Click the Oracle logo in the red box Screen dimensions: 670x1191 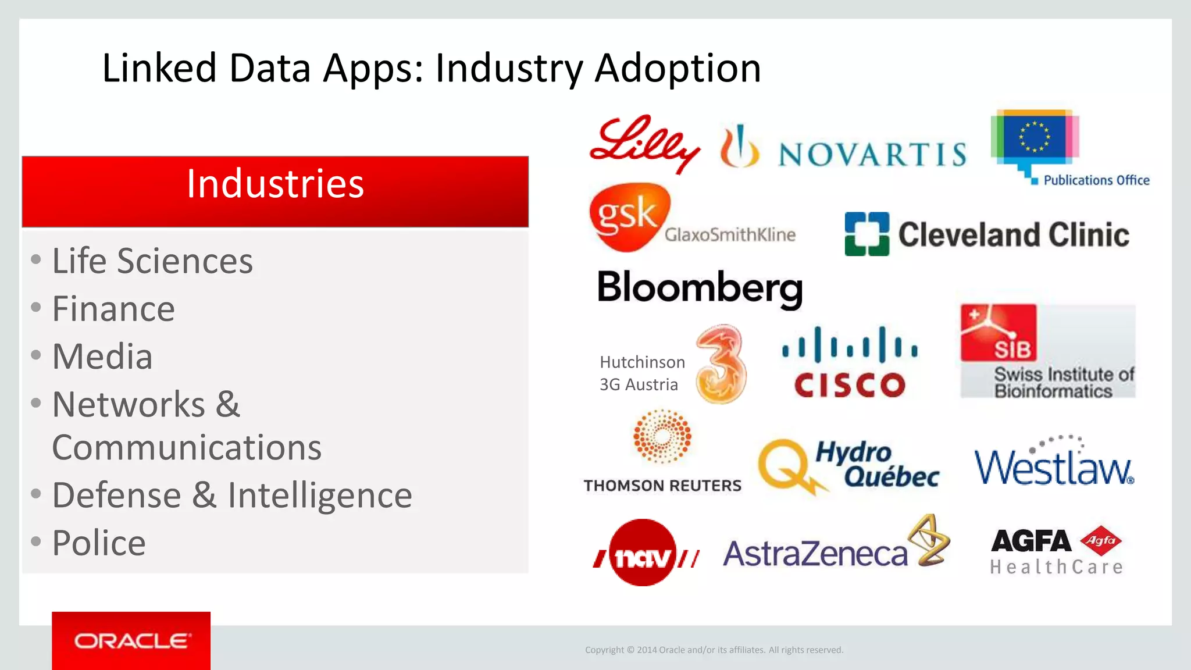click(131, 641)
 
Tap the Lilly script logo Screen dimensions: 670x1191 click(644, 144)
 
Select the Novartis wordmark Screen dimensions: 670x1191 click(872, 154)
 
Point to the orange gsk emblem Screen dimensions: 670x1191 click(628, 216)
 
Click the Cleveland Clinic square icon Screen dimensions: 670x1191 click(866, 234)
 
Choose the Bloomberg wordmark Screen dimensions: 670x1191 click(700, 288)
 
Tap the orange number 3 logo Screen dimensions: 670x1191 click(721, 364)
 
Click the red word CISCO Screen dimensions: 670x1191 click(850, 385)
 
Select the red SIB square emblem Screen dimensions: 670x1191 click(998, 333)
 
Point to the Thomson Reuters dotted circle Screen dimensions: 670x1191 click(662, 436)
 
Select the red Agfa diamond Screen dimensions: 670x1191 click(1101, 540)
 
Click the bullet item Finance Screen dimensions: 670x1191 click(113, 309)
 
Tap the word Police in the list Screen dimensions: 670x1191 click(99, 543)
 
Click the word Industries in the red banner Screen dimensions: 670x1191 click(275, 184)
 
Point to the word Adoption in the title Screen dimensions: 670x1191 click(677, 69)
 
